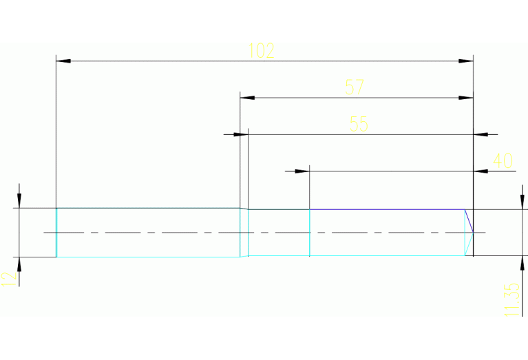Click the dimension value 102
click(x=262, y=50)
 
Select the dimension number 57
click(x=355, y=87)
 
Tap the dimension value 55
click(x=359, y=124)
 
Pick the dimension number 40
click(x=503, y=161)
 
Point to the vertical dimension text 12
click(x=9, y=278)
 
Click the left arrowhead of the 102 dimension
click(x=63, y=61)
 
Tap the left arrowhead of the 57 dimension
click(x=247, y=98)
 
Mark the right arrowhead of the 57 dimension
click(x=466, y=98)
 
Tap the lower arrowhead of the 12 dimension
click(x=19, y=264)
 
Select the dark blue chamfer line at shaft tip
click(x=469, y=220)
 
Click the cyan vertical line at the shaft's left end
click(x=56, y=233)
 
